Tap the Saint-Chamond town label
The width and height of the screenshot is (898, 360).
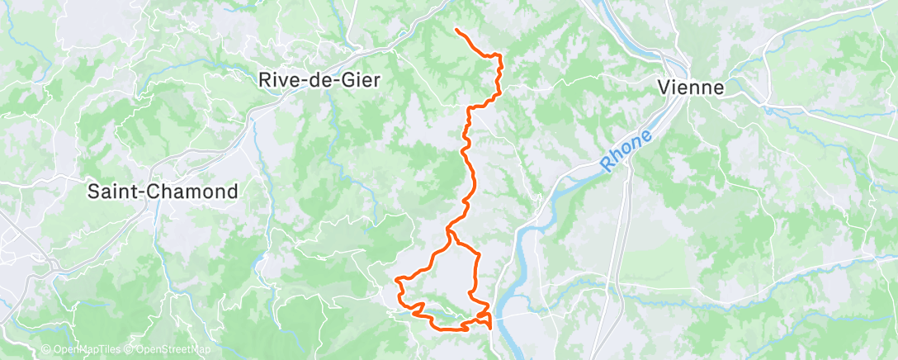(163, 192)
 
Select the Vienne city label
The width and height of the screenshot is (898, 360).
(690, 87)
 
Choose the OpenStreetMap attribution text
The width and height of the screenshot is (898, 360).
(165, 349)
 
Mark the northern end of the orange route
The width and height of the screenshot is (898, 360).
(456, 30)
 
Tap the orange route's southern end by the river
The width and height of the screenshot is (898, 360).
(492, 328)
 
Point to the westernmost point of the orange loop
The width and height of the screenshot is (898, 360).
(397, 279)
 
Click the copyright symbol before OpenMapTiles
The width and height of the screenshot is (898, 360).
(46, 349)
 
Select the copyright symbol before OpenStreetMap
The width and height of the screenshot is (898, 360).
(129, 349)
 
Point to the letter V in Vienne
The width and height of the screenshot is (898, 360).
(663, 87)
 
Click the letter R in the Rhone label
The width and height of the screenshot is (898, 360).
(607, 165)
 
